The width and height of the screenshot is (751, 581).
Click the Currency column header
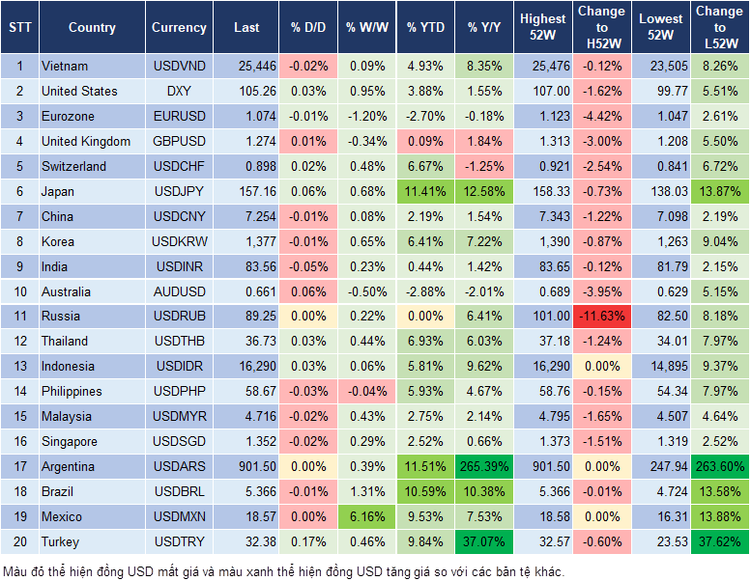click(x=179, y=28)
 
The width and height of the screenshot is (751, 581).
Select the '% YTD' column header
click(x=425, y=28)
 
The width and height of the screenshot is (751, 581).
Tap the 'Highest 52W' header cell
click(x=542, y=28)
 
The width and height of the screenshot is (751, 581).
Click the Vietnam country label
click(x=65, y=66)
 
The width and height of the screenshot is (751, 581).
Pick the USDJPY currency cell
click(x=179, y=191)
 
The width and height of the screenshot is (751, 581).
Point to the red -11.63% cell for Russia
click(x=601, y=316)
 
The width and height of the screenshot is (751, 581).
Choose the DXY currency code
click(x=179, y=91)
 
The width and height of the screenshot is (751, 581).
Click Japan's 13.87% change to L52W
click(x=719, y=191)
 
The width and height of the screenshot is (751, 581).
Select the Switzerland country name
click(x=73, y=166)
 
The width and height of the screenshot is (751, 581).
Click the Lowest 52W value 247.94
click(x=663, y=466)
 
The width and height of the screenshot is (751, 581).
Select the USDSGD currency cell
click(x=179, y=441)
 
